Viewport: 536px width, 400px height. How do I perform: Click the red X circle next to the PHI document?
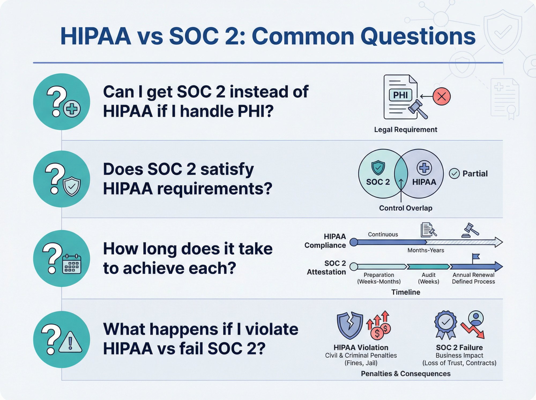[441, 96]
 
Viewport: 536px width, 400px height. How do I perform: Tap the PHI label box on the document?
[400, 95]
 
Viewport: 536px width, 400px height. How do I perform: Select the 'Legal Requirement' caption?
[405, 130]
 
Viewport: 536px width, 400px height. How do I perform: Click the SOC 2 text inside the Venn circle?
[378, 182]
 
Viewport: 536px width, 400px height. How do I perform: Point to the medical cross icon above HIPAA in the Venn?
[424, 168]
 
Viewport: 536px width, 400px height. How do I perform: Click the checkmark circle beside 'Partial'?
[454, 174]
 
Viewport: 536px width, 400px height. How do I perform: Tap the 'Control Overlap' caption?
[405, 208]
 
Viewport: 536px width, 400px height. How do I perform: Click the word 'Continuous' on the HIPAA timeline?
[383, 234]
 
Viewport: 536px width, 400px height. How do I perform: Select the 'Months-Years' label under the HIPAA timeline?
[426, 250]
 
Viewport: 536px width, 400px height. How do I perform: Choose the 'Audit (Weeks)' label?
[429, 278]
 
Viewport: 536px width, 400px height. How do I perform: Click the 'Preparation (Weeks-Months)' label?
[379, 278]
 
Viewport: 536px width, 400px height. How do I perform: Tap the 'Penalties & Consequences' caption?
[405, 374]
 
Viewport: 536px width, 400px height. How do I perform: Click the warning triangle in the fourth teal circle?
[70, 343]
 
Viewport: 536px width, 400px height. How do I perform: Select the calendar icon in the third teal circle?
[72, 264]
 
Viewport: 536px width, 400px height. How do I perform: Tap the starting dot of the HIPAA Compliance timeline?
[354, 242]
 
